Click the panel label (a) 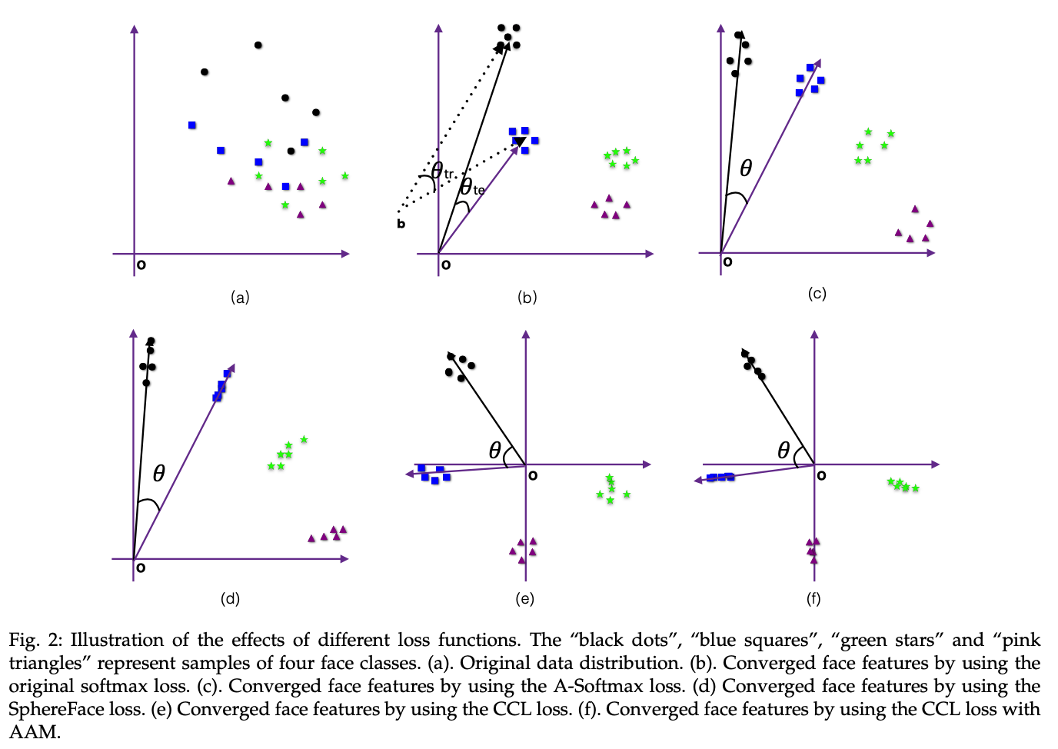[241, 298]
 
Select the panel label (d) [230, 598]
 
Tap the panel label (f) [813, 598]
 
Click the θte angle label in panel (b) [471, 187]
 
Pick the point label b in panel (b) [401, 224]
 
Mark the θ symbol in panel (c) [745, 168]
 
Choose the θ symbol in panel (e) [495, 451]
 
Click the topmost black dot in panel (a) [258, 45]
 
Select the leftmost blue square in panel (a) [192, 125]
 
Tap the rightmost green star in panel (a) [345, 176]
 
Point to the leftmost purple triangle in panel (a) [231, 181]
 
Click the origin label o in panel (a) [141, 265]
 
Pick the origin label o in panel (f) [821, 476]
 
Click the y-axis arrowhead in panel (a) [135, 30]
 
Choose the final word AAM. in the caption [35, 731]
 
